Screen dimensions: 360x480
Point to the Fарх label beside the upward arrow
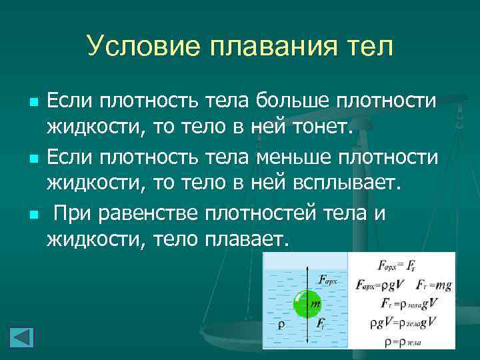327,280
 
